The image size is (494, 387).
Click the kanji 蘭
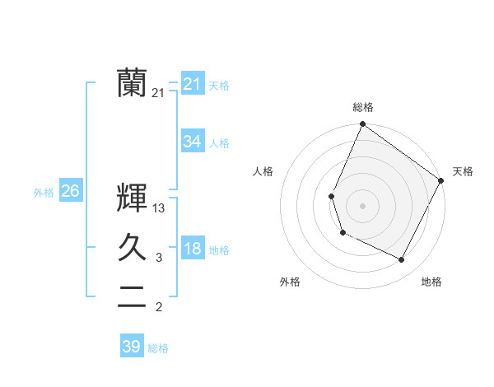pos(132,82)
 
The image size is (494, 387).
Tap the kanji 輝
pos(132,198)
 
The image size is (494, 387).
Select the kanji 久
pos(132,247)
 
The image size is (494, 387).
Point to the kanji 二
pos(132,296)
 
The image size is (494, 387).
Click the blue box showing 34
pos(192,142)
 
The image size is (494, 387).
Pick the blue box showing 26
pos(70,191)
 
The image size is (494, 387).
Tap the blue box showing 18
pos(192,249)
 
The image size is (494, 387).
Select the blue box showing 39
pos(132,347)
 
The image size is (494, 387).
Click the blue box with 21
pos(192,84)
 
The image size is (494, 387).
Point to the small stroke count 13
pos(159,208)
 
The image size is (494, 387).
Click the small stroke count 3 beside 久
pos(159,258)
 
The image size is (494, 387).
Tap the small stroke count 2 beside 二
pos(159,307)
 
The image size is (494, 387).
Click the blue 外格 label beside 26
pos(44,193)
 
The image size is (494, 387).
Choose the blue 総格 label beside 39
pos(158,348)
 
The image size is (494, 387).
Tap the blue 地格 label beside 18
pos(219,250)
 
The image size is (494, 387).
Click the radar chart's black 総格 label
pos(362,107)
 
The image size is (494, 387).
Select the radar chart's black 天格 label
pos(463,171)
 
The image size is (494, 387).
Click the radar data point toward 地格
pos(402,260)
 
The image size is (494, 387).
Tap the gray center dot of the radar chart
pos(362,206)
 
